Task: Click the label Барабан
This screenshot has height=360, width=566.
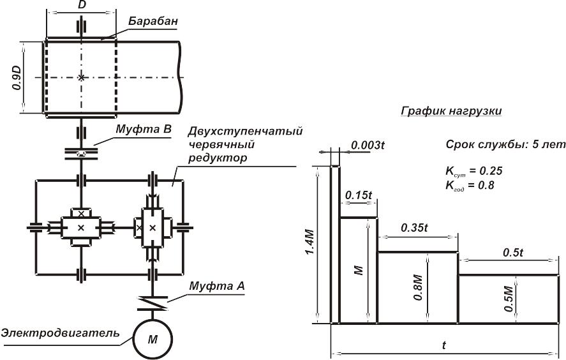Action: coord(152,21)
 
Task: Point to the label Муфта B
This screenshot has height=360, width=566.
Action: coord(144,129)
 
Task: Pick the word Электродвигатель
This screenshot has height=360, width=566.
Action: coord(60,333)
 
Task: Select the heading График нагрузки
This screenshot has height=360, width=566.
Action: coord(451,110)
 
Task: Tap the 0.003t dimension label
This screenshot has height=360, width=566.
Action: coord(368,145)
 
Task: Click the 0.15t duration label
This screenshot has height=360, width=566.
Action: coord(357,194)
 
